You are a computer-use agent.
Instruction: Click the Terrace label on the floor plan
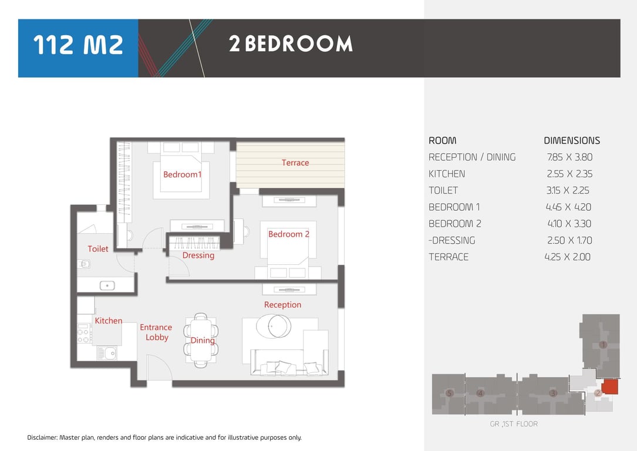pyautogui.click(x=295, y=163)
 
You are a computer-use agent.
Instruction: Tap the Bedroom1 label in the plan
pyautogui.click(x=183, y=174)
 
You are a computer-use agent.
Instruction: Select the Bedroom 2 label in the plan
pyautogui.click(x=289, y=234)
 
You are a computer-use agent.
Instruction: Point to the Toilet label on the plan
pyautogui.click(x=98, y=248)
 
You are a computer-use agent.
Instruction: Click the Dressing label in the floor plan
pyautogui.click(x=198, y=255)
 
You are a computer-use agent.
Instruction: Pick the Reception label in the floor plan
pyautogui.click(x=283, y=305)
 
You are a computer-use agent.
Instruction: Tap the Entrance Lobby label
pyautogui.click(x=156, y=332)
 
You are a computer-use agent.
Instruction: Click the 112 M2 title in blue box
pyautogui.click(x=78, y=45)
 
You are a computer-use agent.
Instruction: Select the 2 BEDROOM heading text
pyautogui.click(x=291, y=44)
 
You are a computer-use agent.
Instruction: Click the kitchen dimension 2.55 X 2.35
pyautogui.click(x=569, y=174)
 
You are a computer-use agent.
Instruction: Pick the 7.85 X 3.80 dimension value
pyautogui.click(x=569, y=157)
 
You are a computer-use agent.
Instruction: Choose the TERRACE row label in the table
pyautogui.click(x=449, y=257)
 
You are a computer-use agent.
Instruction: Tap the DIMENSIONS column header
pyautogui.click(x=572, y=140)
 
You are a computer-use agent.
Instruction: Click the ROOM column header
pyautogui.click(x=443, y=140)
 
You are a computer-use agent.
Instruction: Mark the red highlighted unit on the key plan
pyautogui.click(x=609, y=387)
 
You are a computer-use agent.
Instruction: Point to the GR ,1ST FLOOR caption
pyautogui.click(x=514, y=424)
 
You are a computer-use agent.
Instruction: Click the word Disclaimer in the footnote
pyautogui.click(x=42, y=437)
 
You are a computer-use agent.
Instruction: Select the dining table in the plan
pyautogui.click(x=201, y=341)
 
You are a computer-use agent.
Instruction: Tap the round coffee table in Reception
pyautogui.click(x=274, y=327)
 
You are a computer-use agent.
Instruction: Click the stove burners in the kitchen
pyautogui.click(x=84, y=334)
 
